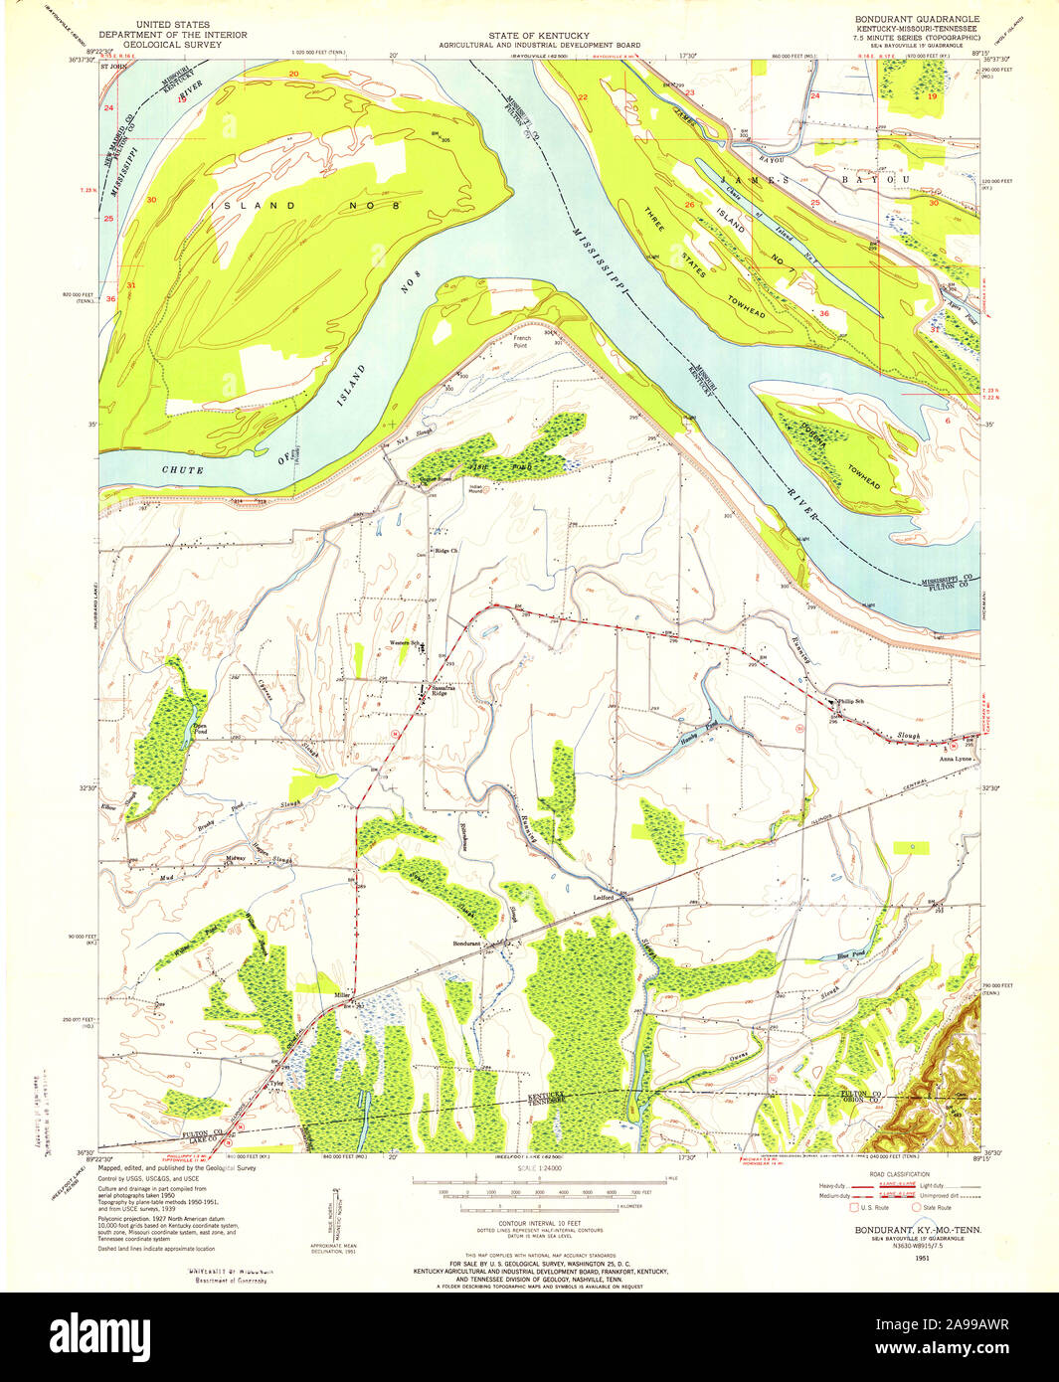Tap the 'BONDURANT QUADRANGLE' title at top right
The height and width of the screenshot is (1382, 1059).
point(917,19)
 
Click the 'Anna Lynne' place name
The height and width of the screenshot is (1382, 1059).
point(955,759)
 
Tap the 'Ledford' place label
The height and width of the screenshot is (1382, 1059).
point(604,898)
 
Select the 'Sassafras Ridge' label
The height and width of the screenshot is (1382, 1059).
point(439,689)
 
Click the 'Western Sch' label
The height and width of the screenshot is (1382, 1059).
point(405,641)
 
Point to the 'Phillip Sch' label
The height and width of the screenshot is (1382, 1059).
point(851,701)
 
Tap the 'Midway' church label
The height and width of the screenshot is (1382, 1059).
point(236,859)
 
